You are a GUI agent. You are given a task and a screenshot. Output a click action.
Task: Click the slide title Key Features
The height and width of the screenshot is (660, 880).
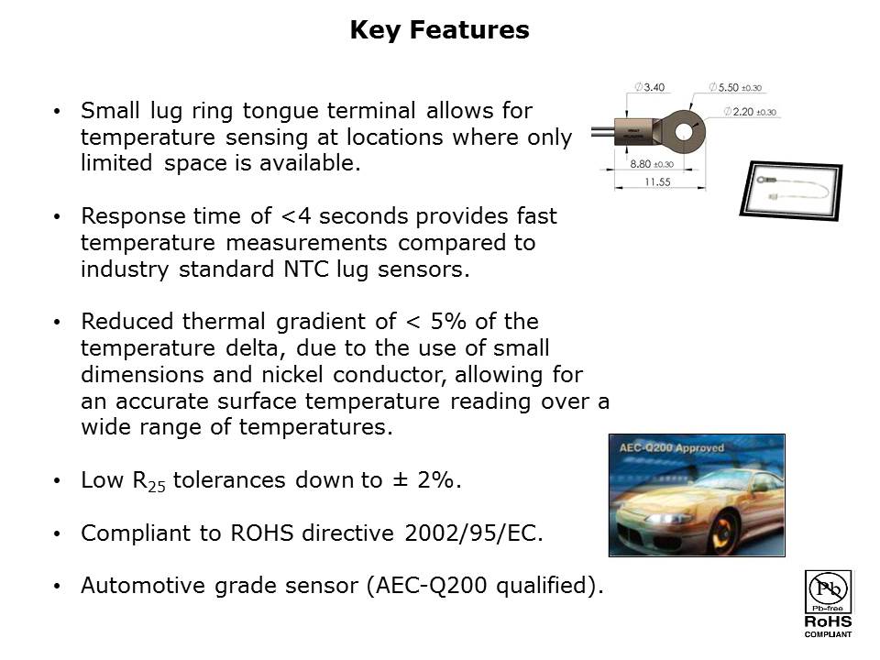(x=439, y=30)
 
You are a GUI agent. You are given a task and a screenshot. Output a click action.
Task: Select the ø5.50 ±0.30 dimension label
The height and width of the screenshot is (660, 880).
(x=735, y=88)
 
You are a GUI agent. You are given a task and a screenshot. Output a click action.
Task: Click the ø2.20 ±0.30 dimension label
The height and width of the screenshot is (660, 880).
(x=750, y=112)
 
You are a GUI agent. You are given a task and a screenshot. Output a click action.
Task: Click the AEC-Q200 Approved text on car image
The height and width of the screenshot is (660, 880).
(x=672, y=448)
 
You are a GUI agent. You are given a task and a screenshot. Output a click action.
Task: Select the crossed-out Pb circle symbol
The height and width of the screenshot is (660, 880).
(x=827, y=587)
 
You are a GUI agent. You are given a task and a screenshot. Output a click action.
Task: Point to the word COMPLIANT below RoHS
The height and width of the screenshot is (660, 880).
(x=828, y=634)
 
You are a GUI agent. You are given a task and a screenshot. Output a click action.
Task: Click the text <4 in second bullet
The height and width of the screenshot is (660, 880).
(x=294, y=216)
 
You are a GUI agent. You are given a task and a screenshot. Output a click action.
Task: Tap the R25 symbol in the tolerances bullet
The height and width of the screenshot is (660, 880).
(x=151, y=481)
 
